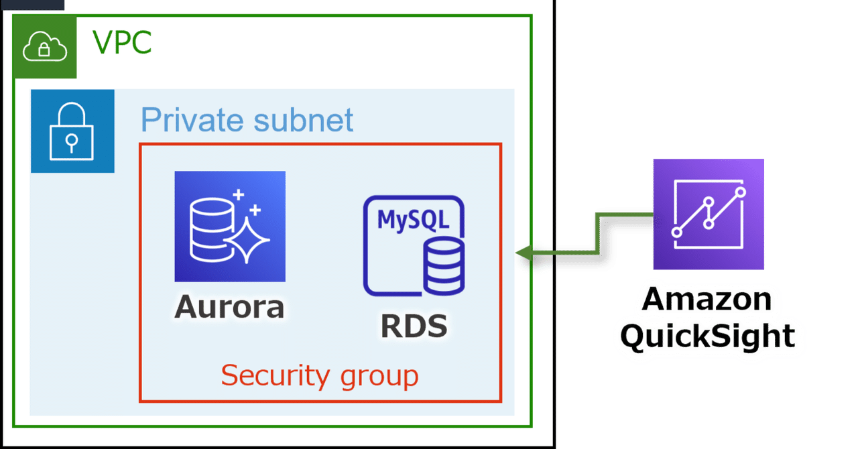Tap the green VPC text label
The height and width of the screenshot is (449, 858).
(122, 44)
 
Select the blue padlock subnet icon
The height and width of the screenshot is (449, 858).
(72, 131)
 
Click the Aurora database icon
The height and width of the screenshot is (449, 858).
(230, 226)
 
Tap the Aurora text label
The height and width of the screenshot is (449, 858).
(230, 307)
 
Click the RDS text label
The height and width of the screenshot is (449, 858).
(414, 326)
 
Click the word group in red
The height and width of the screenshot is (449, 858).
(379, 377)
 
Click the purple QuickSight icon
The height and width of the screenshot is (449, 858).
(709, 214)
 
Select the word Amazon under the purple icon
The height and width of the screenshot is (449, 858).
(707, 298)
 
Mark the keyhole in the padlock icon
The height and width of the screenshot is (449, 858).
(72, 141)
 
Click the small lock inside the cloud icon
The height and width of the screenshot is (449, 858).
(45, 50)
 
